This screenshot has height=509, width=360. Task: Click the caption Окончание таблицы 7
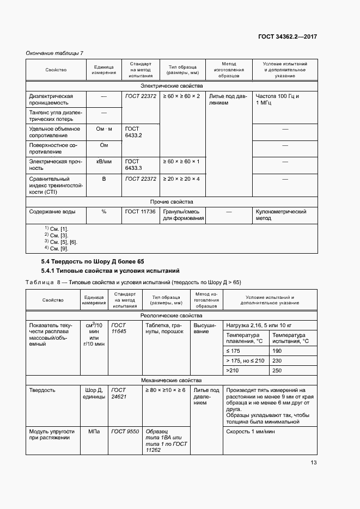coord(54,52)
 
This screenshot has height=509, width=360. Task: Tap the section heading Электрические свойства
coord(172,86)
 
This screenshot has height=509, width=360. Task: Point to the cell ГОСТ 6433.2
coord(133,132)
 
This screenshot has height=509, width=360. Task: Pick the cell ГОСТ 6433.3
coord(133,165)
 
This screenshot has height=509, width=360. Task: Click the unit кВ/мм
coord(103,162)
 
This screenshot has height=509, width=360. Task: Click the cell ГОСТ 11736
coord(140,211)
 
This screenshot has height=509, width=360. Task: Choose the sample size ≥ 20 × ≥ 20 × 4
coord(181,179)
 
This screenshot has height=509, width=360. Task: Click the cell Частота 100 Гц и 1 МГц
coord(277,99)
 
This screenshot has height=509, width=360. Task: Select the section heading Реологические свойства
coord(172,315)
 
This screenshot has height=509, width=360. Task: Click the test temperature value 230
coord(277,360)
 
